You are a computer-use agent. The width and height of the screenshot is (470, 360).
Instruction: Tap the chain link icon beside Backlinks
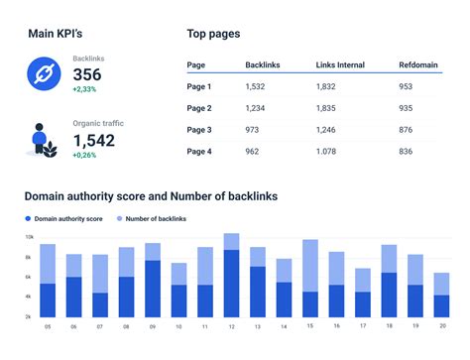(43, 74)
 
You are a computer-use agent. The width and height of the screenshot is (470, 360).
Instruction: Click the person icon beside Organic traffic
(43, 139)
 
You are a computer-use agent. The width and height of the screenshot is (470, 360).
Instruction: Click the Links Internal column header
(339, 65)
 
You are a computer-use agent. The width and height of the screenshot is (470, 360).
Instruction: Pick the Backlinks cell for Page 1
(256, 86)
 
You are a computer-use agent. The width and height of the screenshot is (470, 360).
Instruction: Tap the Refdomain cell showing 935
(406, 107)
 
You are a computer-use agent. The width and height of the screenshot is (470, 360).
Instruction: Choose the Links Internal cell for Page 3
(327, 129)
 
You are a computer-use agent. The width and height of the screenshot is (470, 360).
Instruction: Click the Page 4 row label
(200, 151)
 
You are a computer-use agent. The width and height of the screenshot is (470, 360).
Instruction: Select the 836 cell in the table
(406, 151)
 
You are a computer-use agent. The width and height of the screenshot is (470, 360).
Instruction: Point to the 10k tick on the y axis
(29, 238)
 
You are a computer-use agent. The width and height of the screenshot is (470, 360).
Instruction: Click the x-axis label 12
(231, 325)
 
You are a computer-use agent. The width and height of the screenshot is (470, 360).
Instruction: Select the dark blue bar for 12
(231, 283)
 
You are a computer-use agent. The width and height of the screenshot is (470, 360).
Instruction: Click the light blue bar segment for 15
(310, 265)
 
